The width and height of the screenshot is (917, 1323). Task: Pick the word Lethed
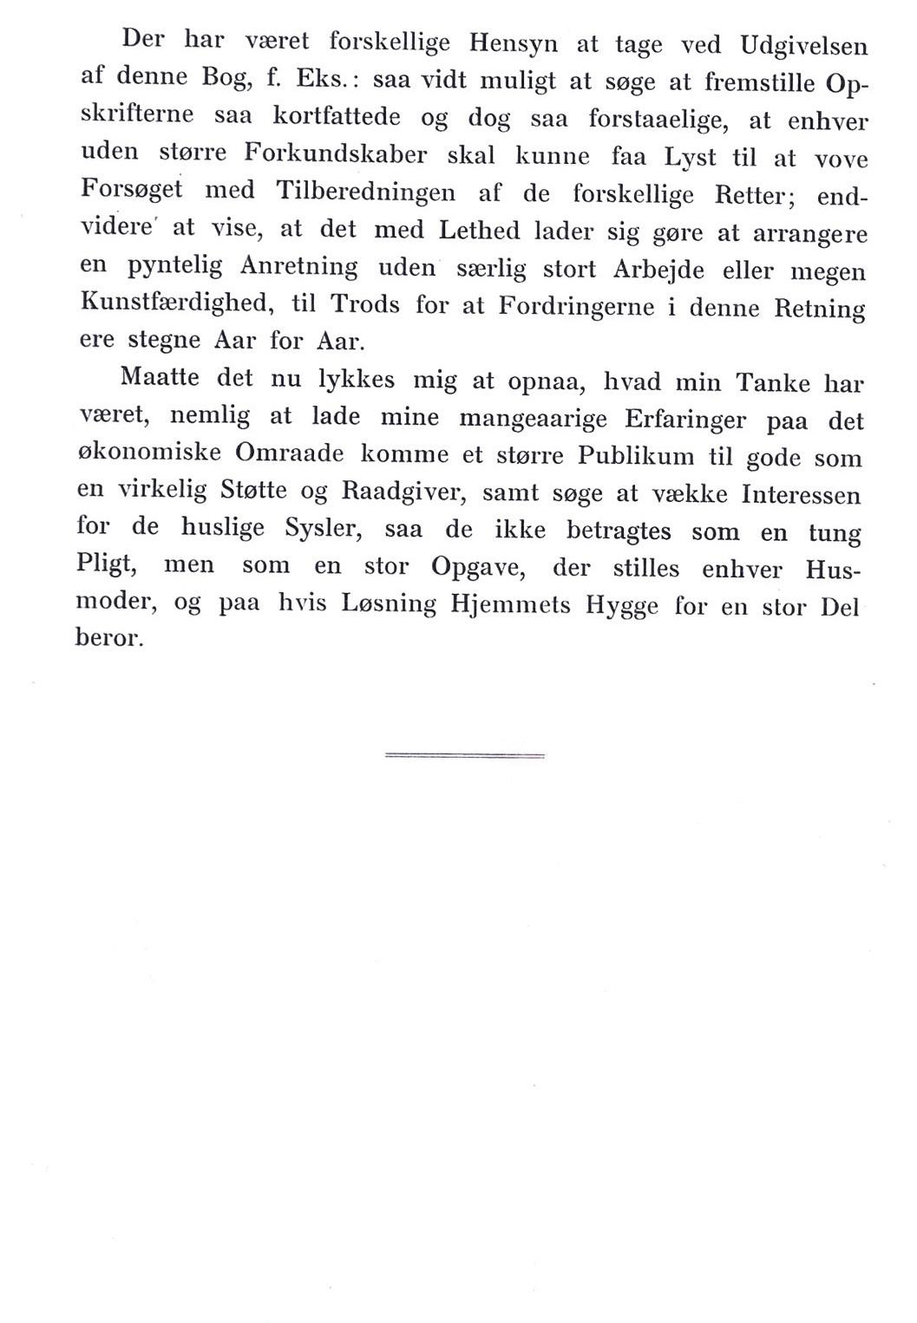tap(480, 231)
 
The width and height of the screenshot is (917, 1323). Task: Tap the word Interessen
tap(801, 495)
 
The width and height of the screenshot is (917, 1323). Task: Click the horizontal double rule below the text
tap(464, 756)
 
